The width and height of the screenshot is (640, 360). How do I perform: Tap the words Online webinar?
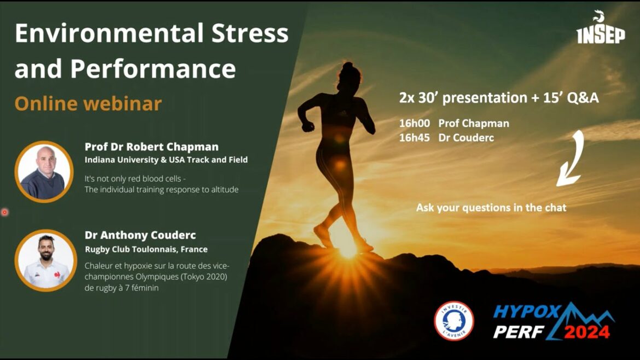(88, 103)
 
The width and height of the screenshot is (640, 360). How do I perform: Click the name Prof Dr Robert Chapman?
(152, 147)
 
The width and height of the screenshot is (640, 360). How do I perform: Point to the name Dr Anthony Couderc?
(140, 235)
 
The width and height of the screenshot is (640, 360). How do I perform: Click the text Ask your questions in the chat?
(491, 208)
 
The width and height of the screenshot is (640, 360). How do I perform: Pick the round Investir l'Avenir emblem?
(453, 321)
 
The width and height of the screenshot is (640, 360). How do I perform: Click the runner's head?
(350, 73)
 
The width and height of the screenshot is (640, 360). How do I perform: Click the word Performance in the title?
(153, 69)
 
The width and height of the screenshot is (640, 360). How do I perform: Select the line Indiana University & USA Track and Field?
(166, 160)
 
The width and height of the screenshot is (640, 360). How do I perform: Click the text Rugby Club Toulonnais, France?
(146, 249)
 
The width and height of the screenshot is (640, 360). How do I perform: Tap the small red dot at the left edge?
(5, 212)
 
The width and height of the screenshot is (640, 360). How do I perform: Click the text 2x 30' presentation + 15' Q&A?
(498, 98)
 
